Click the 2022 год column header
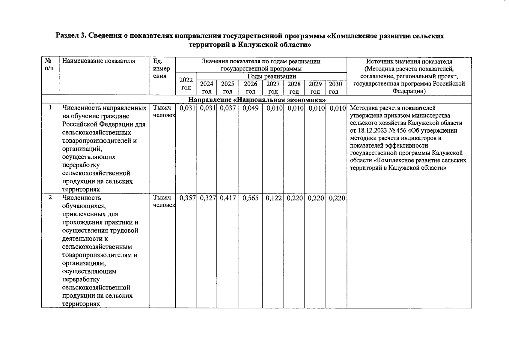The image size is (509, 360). pyautogui.click(x=186, y=84)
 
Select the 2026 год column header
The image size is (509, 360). pyautogui.click(x=250, y=88)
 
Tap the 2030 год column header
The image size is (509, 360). pyautogui.click(x=335, y=88)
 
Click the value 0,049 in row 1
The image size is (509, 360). pyautogui.click(x=250, y=108)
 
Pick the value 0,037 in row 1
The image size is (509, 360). pyautogui.click(x=228, y=108)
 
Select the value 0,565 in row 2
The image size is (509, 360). pyautogui.click(x=250, y=198)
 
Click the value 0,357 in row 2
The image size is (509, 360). pyautogui.click(x=187, y=198)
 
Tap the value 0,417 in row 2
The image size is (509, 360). pyautogui.click(x=228, y=198)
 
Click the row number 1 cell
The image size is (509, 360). pyautogui.click(x=50, y=107)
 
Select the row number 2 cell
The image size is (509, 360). pyautogui.click(x=50, y=197)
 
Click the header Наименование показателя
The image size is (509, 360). pyautogui.click(x=99, y=61)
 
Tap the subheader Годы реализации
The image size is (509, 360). pyautogui.click(x=272, y=76)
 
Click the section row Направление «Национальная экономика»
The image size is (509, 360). pyautogui.click(x=257, y=100)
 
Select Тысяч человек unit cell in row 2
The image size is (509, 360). pyautogui.click(x=163, y=201)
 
